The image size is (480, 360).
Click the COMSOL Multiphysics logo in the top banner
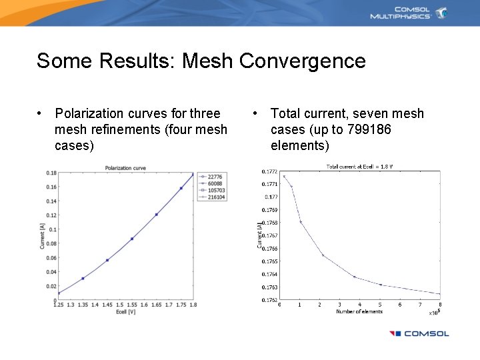pyautogui.click(x=409, y=13)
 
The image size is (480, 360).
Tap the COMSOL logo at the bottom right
pyautogui.click(x=419, y=334)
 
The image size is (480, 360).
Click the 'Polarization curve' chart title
pyautogui.click(x=125, y=168)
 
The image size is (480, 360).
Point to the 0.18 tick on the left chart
pyautogui.click(x=51, y=173)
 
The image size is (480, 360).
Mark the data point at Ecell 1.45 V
pyautogui.click(x=107, y=260)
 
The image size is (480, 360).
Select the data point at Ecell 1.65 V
pyautogui.click(x=157, y=215)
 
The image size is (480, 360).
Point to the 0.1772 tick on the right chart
pyautogui.click(x=269, y=171)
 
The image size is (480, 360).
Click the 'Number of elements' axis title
pyautogui.click(x=359, y=311)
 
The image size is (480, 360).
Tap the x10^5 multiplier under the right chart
pyautogui.click(x=434, y=311)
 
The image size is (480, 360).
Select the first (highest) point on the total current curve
pyautogui.click(x=284, y=176)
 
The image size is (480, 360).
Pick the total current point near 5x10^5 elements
pyautogui.click(x=381, y=285)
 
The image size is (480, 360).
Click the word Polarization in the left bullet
pyautogui.click(x=97, y=113)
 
